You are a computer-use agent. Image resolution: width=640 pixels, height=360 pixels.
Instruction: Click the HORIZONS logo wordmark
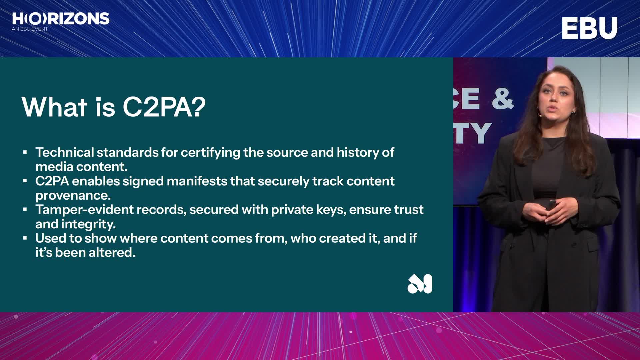pyautogui.click(x=61, y=19)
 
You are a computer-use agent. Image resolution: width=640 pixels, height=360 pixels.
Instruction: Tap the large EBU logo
pyautogui.click(x=589, y=28)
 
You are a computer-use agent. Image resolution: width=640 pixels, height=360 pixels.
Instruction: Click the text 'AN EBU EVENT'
pyautogui.click(x=30, y=29)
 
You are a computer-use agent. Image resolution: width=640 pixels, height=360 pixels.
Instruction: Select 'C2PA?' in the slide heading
pyautogui.click(x=164, y=107)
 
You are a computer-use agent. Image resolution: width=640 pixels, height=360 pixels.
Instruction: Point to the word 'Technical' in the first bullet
pyautogui.click(x=65, y=152)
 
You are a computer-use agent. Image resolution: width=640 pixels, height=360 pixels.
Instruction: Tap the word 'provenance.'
pyautogui.click(x=73, y=196)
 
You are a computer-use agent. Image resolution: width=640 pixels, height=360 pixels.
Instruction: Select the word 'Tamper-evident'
pyautogui.click(x=85, y=210)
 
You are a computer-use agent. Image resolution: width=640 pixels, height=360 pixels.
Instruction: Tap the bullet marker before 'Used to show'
pyautogui.click(x=25, y=238)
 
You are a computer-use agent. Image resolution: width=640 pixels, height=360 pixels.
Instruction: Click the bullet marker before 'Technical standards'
pyautogui.click(x=25, y=152)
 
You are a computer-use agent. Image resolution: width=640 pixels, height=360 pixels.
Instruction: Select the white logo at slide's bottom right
pyautogui.click(x=420, y=284)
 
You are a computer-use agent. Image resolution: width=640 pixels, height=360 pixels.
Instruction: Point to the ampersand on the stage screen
pyautogui.click(x=503, y=98)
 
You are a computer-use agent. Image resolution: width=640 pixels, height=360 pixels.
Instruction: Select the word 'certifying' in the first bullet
pyautogui.click(x=210, y=153)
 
